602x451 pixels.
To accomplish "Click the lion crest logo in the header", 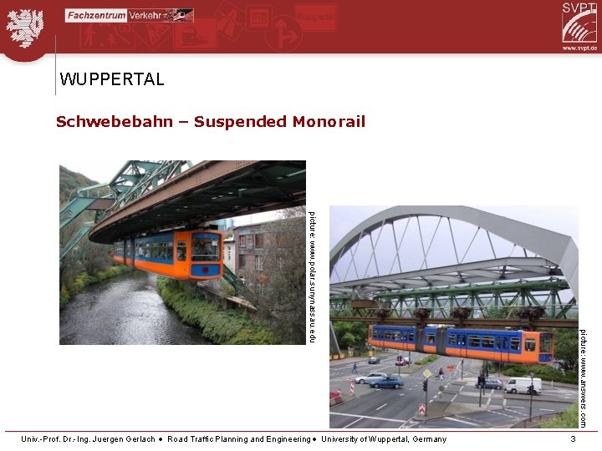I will point(25,27).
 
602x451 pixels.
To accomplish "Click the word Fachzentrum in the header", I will point(96,15).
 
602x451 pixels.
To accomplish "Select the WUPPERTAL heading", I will point(112,80).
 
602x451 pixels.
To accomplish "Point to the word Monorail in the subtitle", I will point(329,122).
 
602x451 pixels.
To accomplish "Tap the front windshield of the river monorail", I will point(206,248).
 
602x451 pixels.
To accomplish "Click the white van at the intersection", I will point(523,385).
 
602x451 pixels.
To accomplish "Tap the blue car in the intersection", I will point(387,383).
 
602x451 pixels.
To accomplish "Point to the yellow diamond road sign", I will point(427,373).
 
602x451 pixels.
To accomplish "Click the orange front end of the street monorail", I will point(544,343).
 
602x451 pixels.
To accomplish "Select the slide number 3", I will point(573,439).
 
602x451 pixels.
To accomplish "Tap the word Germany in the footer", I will point(428,439).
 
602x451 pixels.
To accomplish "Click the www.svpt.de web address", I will point(579,48).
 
